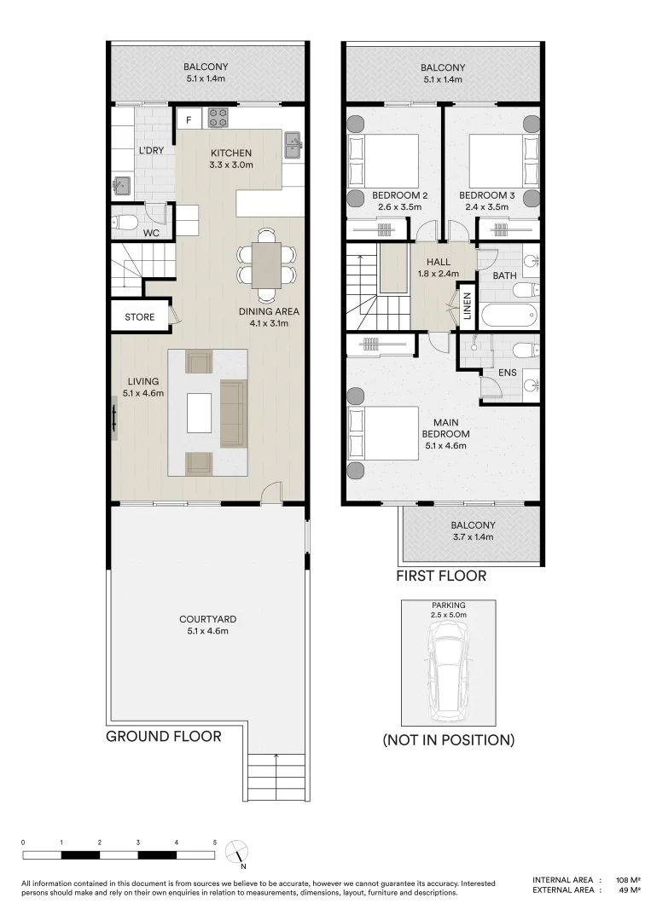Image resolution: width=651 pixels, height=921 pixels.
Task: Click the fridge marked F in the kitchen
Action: [189, 119]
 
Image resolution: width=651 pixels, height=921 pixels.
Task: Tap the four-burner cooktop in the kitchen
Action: [216, 117]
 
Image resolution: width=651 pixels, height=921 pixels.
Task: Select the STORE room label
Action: [140, 317]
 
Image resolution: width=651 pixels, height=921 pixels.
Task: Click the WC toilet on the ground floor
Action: [125, 223]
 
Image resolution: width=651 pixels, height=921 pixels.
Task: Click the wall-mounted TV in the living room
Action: [114, 420]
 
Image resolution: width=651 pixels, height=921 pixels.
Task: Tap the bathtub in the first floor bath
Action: [509, 316]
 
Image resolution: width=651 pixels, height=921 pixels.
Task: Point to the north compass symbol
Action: [237, 852]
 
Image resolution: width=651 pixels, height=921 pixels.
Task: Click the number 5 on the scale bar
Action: [215, 842]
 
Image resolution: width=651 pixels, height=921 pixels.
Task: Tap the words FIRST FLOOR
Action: [441, 576]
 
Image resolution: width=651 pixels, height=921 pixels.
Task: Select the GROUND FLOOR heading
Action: [164, 736]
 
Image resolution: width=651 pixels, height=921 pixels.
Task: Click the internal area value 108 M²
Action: [628, 879]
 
